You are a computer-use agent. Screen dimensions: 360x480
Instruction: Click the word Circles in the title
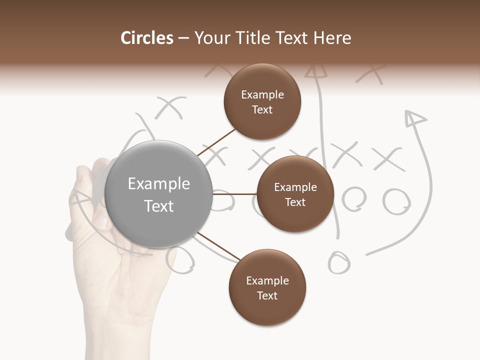click(146, 38)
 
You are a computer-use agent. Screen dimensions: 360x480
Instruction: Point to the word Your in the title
click(211, 38)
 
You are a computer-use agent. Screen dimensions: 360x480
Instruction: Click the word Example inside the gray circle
click(158, 184)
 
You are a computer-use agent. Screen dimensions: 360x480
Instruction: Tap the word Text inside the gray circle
click(158, 206)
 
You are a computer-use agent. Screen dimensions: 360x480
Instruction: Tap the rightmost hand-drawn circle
click(397, 201)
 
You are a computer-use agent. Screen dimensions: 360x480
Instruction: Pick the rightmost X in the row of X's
click(388, 159)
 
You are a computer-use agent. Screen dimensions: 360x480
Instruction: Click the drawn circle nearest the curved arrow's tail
click(339, 262)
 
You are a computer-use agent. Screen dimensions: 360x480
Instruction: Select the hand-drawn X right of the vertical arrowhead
click(371, 73)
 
